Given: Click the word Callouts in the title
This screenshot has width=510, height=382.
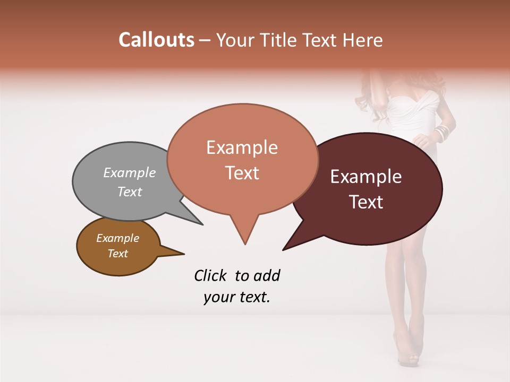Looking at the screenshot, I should click(x=156, y=40).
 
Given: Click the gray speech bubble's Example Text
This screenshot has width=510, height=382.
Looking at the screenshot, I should click(x=129, y=182).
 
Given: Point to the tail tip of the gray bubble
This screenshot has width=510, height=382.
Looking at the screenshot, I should click(x=202, y=224).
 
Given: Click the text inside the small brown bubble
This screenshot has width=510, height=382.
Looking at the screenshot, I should click(x=117, y=246).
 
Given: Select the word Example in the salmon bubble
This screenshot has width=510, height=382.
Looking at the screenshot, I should click(x=242, y=147).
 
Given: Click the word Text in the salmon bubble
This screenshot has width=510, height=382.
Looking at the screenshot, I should click(x=242, y=173).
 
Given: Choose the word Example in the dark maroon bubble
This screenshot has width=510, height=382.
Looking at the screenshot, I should click(x=366, y=177).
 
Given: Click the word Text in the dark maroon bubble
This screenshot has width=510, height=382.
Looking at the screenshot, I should click(x=367, y=202).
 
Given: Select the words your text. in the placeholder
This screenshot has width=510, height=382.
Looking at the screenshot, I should click(x=236, y=297).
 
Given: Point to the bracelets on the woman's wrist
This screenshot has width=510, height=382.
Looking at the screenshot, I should click(x=443, y=133).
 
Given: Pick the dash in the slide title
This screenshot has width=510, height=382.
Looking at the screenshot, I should click(x=206, y=40).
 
